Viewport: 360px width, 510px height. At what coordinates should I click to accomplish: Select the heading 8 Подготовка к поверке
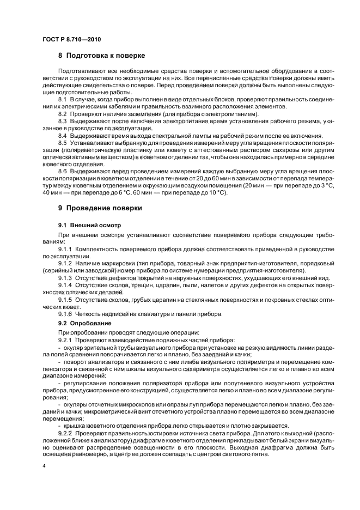[x=101, y=56]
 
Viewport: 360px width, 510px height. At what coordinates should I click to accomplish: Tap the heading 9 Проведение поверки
[x=100, y=208]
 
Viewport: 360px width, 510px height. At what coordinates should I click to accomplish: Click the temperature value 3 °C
[x=307, y=185]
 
